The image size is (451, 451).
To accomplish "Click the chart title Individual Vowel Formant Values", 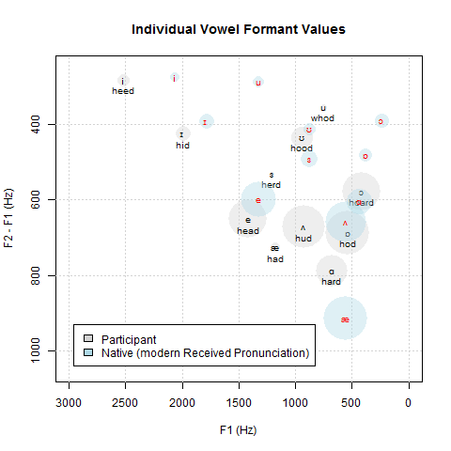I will click(238, 29).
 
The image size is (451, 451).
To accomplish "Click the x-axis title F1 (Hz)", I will click(238, 429).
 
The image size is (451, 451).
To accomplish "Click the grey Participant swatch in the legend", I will click(87, 338).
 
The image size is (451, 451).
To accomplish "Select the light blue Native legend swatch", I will click(87, 352).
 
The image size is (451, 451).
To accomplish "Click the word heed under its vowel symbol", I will click(123, 91).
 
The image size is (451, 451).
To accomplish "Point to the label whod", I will click(322, 118).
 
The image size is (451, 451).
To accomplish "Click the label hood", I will click(302, 148).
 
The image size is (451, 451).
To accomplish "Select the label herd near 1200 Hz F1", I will click(272, 185).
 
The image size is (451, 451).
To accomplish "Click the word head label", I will click(248, 230).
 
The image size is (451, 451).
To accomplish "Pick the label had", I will click(274, 258).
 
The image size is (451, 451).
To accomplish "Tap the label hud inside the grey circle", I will click(303, 239).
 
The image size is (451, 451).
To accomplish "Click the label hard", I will click(331, 281).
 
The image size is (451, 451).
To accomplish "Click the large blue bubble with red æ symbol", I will click(346, 319).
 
